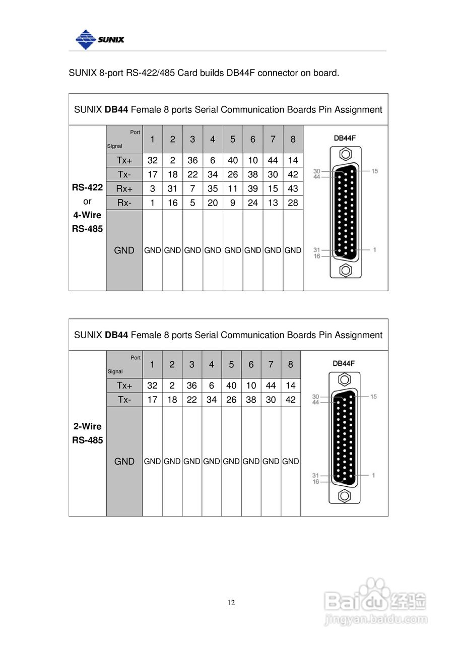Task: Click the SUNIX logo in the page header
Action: click(x=99, y=39)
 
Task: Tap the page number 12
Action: click(x=231, y=603)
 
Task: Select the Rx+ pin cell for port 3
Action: click(x=192, y=188)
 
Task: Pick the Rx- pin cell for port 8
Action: click(x=293, y=203)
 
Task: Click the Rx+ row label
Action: click(x=124, y=188)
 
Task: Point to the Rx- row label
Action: click(x=124, y=203)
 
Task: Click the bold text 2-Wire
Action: click(x=87, y=426)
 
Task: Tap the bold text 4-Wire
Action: click(x=87, y=215)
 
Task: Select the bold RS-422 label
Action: click(x=87, y=187)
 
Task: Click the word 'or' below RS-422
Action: click(x=87, y=201)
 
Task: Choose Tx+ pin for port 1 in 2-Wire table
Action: click(x=152, y=385)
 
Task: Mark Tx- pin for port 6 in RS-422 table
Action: click(x=252, y=174)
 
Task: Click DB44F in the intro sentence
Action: click(x=241, y=73)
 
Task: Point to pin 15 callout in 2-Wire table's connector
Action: click(x=373, y=397)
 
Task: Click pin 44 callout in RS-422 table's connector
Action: click(x=316, y=177)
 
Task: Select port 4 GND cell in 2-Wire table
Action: click(x=212, y=461)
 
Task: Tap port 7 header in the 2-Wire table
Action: click(x=271, y=364)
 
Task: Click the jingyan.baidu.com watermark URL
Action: click(x=376, y=619)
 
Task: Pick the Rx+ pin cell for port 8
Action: click(x=293, y=188)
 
